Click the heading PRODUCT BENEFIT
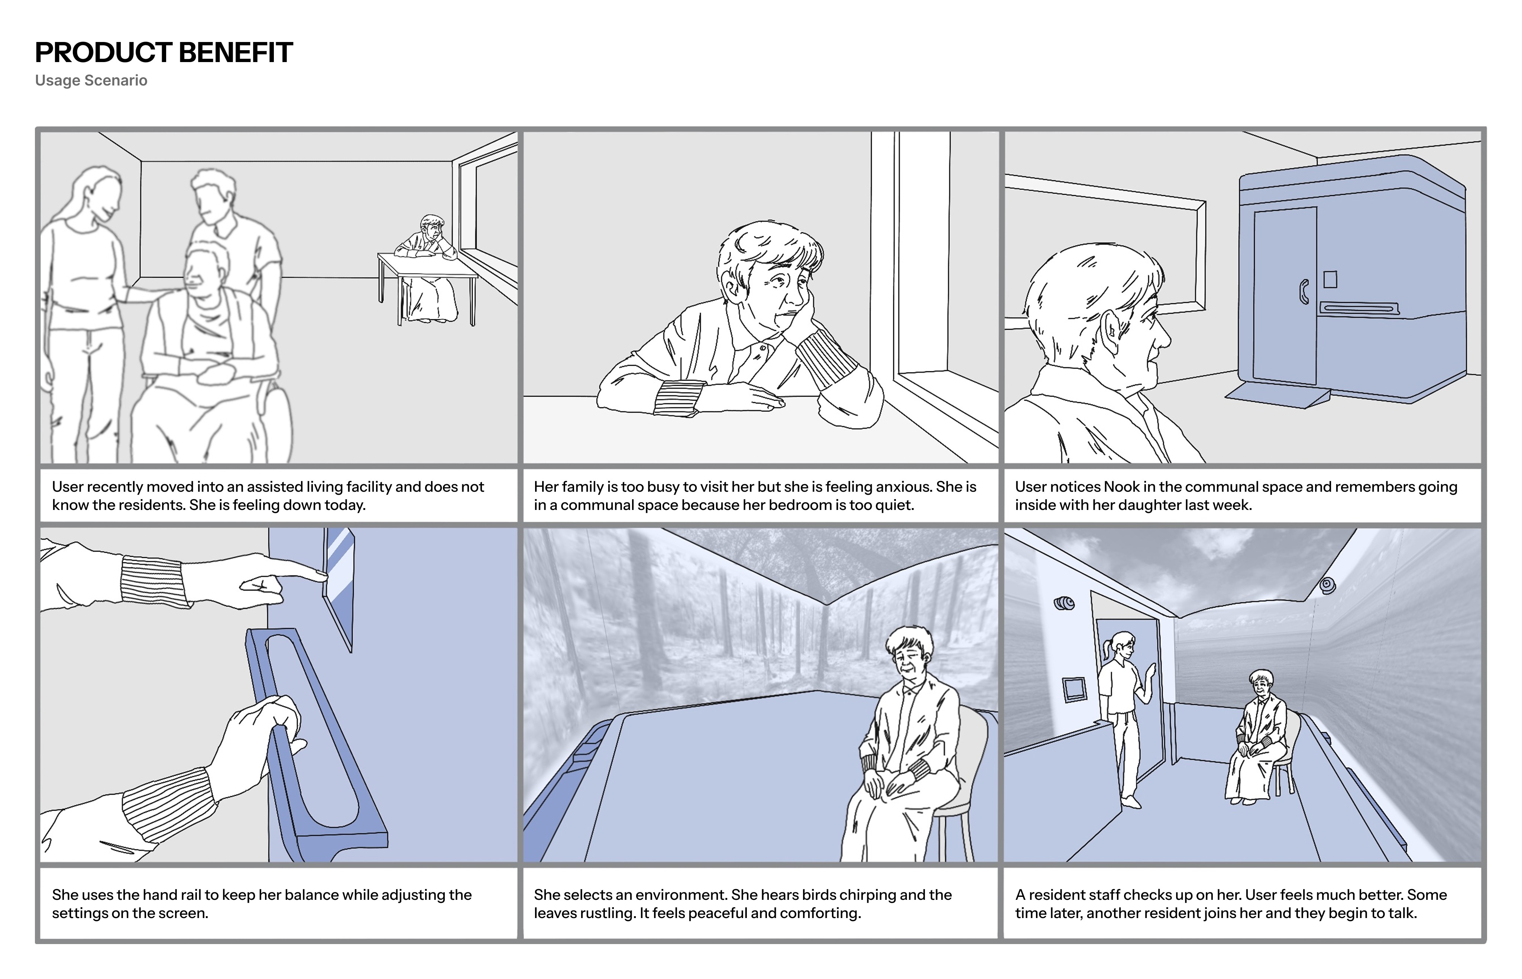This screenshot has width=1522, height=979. point(163,53)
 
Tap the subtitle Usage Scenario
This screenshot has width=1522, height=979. point(91,81)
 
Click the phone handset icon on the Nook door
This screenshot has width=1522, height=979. point(1304,292)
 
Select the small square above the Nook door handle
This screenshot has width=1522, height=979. point(1330,279)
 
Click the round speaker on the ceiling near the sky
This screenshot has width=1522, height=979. point(1328,585)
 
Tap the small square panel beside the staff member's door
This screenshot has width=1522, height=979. point(1074,689)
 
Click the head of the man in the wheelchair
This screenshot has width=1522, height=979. point(207,270)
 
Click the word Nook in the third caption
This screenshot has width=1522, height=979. point(1121,487)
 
